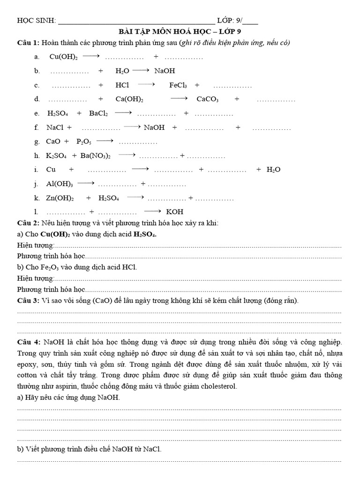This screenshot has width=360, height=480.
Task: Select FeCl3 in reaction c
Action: point(178,85)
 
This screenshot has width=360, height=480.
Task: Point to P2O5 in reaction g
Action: point(84,142)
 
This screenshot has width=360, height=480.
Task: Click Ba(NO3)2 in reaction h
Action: point(96,156)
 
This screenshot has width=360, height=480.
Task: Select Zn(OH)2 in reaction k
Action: point(60,198)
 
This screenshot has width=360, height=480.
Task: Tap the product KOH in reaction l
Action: point(175,212)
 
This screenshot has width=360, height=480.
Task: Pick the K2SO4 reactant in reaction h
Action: point(56,156)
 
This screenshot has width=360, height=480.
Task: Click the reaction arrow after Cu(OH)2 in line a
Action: point(91,57)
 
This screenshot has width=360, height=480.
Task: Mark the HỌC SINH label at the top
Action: point(36,21)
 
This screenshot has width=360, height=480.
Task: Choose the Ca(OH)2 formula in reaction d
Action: point(129,99)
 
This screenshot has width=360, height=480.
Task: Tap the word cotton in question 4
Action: point(28,375)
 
